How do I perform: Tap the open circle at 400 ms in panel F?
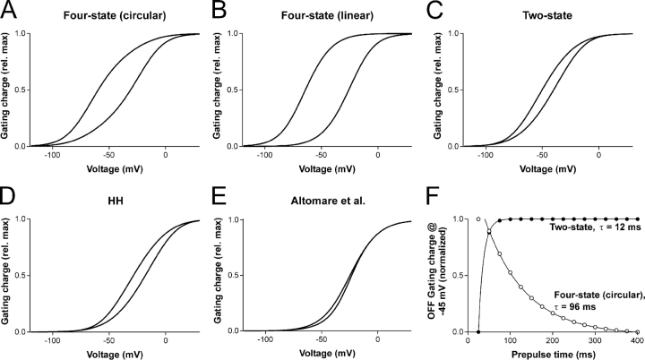pos(634,330)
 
